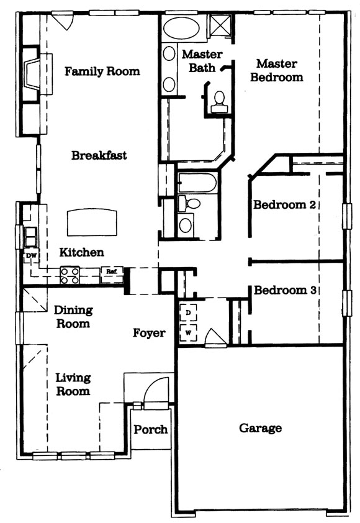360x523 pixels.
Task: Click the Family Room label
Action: click(x=102, y=71)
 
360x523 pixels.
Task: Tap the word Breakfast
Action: click(x=99, y=155)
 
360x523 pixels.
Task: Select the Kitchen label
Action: click(x=82, y=252)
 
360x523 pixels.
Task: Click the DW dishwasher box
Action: click(x=31, y=256)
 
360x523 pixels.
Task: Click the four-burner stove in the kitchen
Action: click(x=70, y=275)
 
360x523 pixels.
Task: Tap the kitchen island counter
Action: click(x=92, y=222)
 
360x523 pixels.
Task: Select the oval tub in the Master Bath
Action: click(x=181, y=28)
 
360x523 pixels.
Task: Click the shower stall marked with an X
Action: click(x=220, y=24)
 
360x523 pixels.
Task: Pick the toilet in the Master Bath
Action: click(x=219, y=102)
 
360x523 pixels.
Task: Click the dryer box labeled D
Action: click(x=188, y=312)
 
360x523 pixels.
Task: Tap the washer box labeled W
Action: click(x=188, y=332)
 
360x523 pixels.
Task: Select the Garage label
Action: click(x=260, y=428)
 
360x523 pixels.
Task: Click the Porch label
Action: click(x=151, y=429)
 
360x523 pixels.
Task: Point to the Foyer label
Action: click(x=149, y=333)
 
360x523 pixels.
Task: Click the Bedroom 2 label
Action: click(x=284, y=204)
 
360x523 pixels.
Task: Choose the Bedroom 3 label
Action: click(x=285, y=290)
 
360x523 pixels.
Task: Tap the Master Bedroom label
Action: click(x=277, y=70)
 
